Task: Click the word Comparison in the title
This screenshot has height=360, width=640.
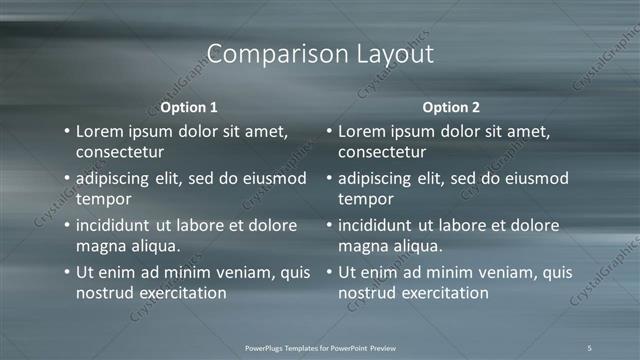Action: pyautogui.click(x=268, y=54)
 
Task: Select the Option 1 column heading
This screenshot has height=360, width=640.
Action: pyautogui.click(x=188, y=106)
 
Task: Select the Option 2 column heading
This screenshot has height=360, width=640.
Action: pyautogui.click(x=450, y=106)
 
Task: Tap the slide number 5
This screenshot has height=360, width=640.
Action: pyautogui.click(x=590, y=347)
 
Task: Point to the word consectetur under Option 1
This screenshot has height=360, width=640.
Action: pyautogui.click(x=120, y=152)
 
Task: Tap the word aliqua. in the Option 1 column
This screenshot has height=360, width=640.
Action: pyautogui.click(x=151, y=245)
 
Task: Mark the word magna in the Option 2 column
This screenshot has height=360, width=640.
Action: pyautogui.click(x=363, y=245)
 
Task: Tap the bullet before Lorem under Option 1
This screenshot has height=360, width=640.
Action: pyautogui.click(x=66, y=132)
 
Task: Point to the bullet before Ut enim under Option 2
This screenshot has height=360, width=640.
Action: pyautogui.click(x=328, y=271)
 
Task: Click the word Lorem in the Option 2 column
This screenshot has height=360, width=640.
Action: pyautogui.click(x=365, y=132)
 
